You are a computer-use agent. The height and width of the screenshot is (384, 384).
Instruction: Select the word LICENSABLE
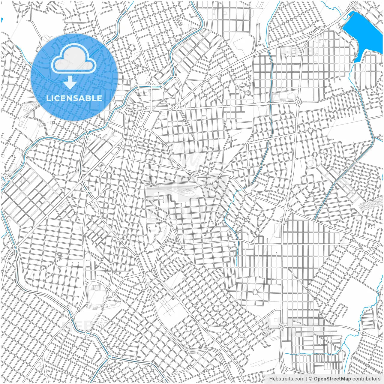tap(74, 98)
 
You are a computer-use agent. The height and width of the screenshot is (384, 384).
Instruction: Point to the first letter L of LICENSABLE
tap(48, 98)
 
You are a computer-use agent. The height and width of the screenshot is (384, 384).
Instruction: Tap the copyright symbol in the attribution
tap(311, 379)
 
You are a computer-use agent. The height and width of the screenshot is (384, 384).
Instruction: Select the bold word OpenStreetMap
tap(332, 379)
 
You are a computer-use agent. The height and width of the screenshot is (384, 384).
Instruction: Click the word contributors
tap(366, 379)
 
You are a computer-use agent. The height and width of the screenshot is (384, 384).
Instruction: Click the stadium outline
tap(96, 295)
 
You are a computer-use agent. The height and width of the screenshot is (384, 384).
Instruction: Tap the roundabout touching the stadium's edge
tap(110, 294)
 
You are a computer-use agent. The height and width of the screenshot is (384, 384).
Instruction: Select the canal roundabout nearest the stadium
tap(88, 333)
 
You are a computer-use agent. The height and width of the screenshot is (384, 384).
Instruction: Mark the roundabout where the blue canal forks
tap(109, 357)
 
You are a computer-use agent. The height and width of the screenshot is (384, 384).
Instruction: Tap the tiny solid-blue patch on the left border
tap(2, 20)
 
